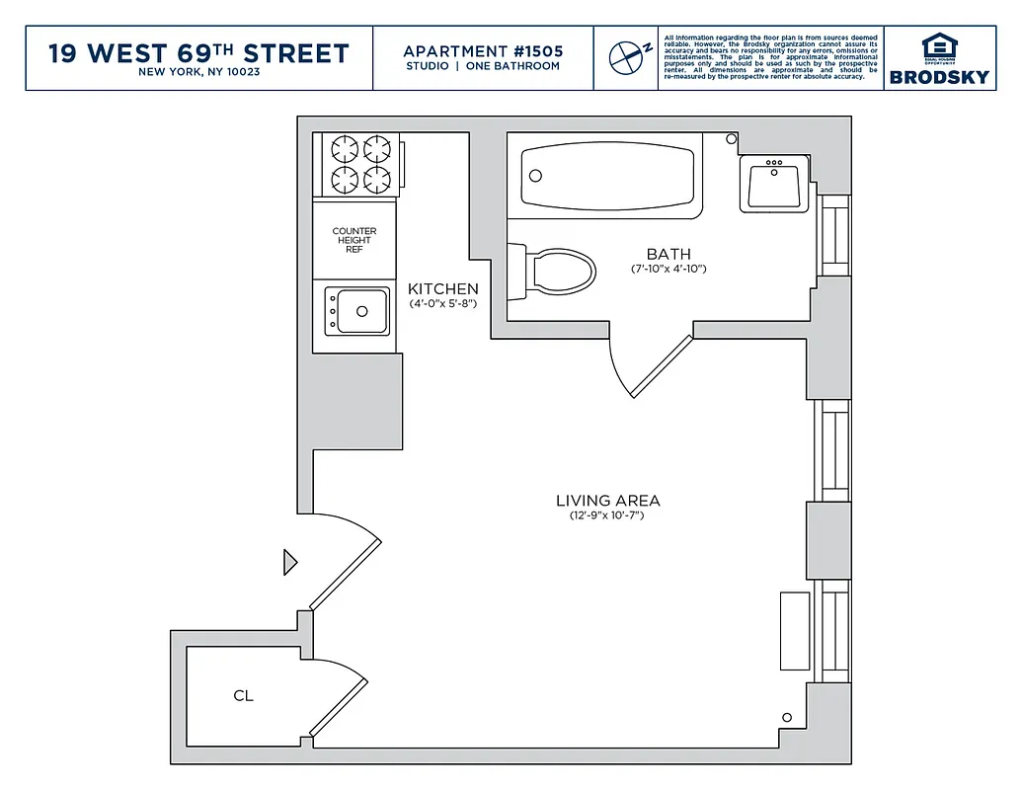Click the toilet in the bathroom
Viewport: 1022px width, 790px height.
point(557,269)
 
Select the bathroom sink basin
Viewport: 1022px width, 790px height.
point(775,184)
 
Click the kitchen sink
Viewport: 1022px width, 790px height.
point(357,311)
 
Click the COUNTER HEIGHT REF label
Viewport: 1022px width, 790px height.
point(354,240)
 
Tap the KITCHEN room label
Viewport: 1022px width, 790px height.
point(443,289)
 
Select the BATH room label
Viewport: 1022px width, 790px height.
point(668,254)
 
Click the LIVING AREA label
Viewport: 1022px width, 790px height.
point(607,501)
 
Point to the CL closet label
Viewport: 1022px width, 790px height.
point(243,695)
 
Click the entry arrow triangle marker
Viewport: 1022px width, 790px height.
point(289,562)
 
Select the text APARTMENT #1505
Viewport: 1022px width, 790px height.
point(482,50)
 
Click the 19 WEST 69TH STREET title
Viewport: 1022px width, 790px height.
point(198,52)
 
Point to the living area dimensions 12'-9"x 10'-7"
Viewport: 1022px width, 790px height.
point(606,515)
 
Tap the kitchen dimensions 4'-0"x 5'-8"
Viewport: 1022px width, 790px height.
point(443,304)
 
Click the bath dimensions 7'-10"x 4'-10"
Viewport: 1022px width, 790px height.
point(668,269)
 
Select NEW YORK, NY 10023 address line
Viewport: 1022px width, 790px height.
point(198,72)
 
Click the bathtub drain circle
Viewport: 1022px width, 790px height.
point(536,176)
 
